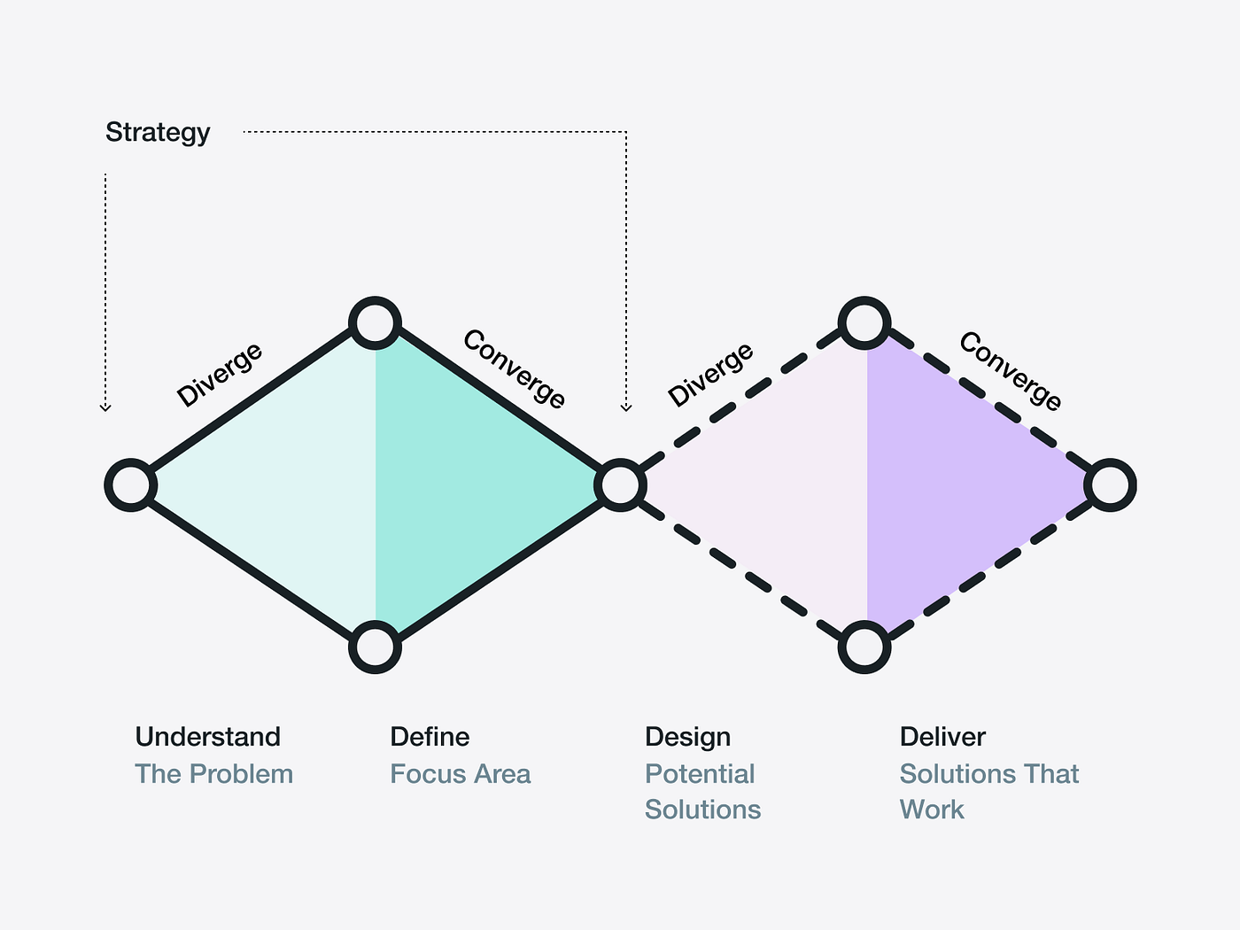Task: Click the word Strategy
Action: [158, 133]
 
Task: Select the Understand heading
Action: [207, 737]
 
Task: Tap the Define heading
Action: [430, 737]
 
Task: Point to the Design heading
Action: [687, 737]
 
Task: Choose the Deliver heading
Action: [942, 737]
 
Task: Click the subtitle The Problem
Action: [213, 774]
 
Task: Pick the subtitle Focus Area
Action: [460, 774]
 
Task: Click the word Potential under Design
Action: [700, 774]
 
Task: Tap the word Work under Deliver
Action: [932, 810]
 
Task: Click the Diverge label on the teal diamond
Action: [219, 375]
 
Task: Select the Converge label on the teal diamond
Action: [515, 368]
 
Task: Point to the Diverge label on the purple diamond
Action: [710, 375]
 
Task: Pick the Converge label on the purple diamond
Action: [1011, 370]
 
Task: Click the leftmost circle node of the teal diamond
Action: [131, 485]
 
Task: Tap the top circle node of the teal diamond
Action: [375, 322]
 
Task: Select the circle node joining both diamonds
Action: [620, 485]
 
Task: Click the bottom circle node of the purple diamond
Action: [864, 647]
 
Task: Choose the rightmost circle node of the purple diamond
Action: [1110, 485]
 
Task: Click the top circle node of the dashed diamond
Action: [864, 322]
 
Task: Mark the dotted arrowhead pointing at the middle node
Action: [626, 407]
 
